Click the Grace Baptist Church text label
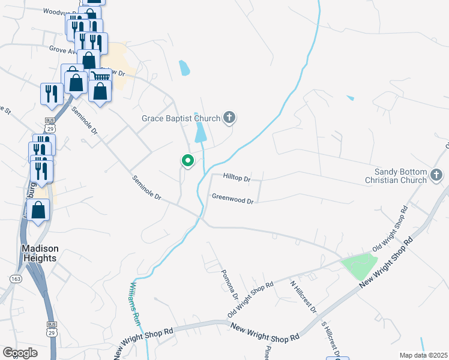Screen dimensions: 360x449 [x=181, y=118]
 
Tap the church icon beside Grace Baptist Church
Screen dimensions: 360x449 [x=229, y=118]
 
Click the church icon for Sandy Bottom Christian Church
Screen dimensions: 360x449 [x=436, y=176]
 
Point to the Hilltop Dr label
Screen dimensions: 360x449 [x=237, y=178]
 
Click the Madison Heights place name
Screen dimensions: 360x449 [x=40, y=253]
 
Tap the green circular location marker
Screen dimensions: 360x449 [x=188, y=160]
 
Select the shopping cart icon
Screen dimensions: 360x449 [x=100, y=77]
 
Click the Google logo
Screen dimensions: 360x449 [x=20, y=353]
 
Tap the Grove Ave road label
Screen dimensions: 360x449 [x=63, y=50]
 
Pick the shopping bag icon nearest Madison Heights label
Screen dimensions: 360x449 [x=38, y=211]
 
